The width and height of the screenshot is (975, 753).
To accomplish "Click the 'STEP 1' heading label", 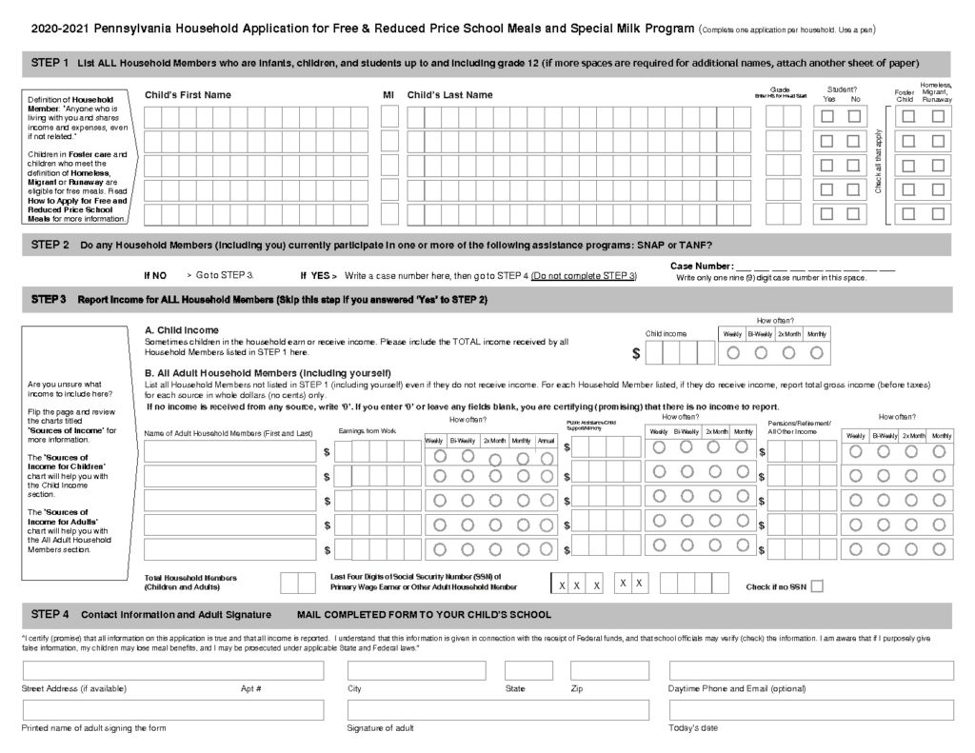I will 50,63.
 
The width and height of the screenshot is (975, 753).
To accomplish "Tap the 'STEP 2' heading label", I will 50,245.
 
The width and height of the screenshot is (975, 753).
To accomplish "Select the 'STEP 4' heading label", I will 50,614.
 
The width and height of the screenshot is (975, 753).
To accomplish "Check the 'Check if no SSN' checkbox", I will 816,586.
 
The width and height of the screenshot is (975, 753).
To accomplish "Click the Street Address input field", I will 173,670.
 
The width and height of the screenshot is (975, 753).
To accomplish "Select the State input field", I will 528,670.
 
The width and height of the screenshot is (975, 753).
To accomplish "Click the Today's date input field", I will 811,710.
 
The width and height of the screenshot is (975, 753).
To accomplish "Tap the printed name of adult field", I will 173,710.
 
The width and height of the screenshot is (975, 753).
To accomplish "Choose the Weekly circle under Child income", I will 732,352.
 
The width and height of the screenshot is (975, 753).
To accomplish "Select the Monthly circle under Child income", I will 816,352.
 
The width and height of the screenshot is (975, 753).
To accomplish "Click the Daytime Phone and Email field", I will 811,670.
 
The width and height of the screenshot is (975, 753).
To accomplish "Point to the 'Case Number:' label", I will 702,266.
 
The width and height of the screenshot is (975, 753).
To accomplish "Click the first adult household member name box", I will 229,451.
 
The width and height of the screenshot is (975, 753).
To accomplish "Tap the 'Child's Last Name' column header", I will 449,95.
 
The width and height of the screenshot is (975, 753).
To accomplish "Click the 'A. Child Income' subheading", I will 181,329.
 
